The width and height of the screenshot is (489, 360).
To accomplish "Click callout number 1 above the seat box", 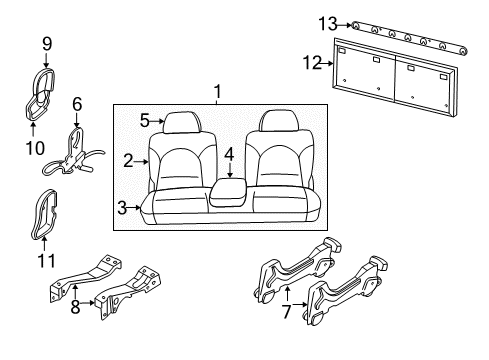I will pos(218,93).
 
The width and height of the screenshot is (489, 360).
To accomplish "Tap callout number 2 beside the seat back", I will pos(128,159).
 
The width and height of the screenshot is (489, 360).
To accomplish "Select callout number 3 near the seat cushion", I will pos(122,207).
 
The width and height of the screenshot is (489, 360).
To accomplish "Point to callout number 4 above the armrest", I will pos(229,154).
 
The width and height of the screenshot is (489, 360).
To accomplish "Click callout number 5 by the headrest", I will pos(144,121).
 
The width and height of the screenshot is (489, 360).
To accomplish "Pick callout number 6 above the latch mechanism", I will pos(76,103).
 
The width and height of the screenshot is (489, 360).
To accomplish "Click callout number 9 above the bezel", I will pos(46,43).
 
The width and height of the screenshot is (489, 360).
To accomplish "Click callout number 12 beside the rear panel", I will pos(311,63).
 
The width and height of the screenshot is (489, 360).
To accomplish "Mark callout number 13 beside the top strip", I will pos(324,22).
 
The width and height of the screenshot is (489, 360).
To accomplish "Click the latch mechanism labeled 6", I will pos(75,150).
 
